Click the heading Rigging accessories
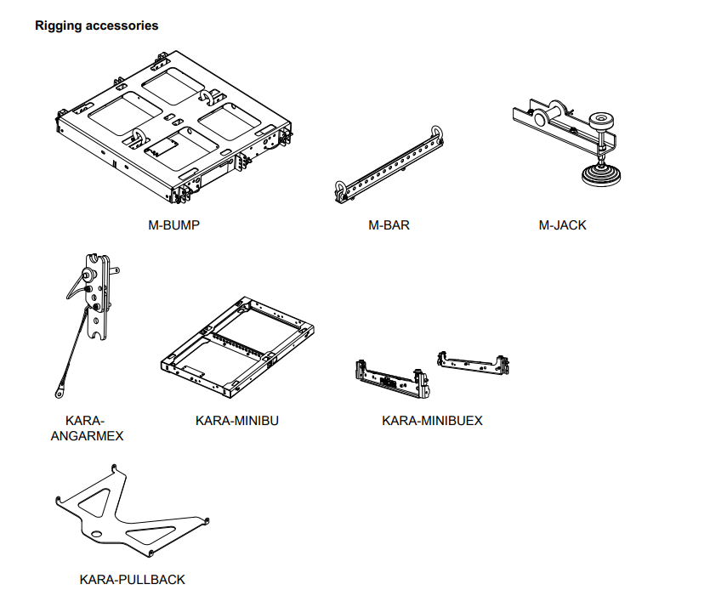pyautogui.click(x=96, y=26)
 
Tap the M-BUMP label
pyautogui.click(x=174, y=225)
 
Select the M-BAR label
pyautogui.click(x=389, y=225)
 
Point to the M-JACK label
pyautogui.click(x=562, y=225)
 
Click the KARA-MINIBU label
pyautogui.click(x=237, y=420)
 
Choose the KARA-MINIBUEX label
pyautogui.click(x=432, y=420)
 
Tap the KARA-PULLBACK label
pyautogui.click(x=132, y=579)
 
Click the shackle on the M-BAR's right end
pyautogui.click(x=437, y=133)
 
